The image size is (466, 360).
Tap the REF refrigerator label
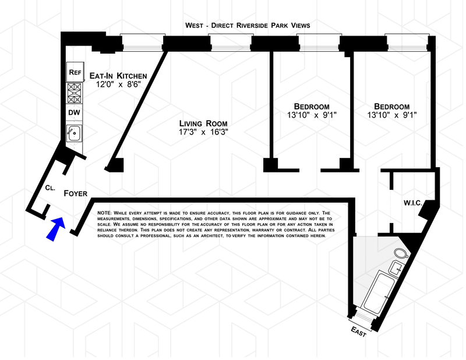pyautogui.click(x=75, y=72)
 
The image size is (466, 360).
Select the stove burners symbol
pyautogui.click(x=75, y=92)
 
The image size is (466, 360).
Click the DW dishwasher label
pyautogui.click(x=75, y=112)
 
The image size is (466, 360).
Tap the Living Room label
pyautogui.click(x=203, y=123)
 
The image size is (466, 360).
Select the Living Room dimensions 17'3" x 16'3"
pyautogui.click(x=203, y=132)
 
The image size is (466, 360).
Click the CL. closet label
pyautogui.click(x=51, y=188)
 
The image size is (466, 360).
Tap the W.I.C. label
pyautogui.click(x=414, y=203)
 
